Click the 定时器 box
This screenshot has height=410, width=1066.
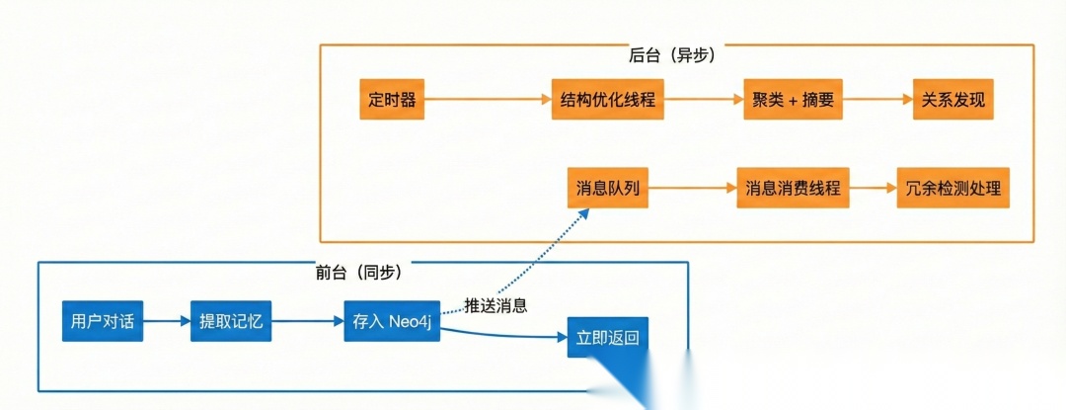click(392, 101)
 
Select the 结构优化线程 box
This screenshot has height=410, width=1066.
click(607, 101)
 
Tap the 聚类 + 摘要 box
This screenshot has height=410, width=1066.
click(792, 101)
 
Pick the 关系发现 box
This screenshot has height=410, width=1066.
click(952, 101)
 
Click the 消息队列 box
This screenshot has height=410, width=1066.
click(608, 188)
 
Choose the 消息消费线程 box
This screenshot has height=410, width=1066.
click(793, 188)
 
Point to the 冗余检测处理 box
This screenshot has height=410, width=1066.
click(952, 188)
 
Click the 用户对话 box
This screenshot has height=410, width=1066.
click(103, 321)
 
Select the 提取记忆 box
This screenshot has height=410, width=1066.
click(231, 321)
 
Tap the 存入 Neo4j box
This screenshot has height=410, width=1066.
click(391, 321)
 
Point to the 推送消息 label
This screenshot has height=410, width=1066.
click(495, 305)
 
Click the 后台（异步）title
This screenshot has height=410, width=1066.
click(671, 55)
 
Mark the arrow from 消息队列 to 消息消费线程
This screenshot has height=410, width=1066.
click(693, 188)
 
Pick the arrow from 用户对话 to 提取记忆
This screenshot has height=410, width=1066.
click(167, 321)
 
